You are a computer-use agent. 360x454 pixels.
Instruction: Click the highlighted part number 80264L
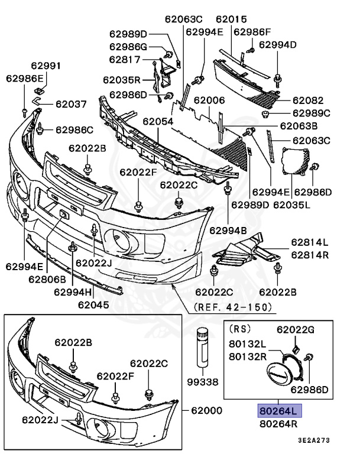[279, 411]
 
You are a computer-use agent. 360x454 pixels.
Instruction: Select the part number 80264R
[279, 423]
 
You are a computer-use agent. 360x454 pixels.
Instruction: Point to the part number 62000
[207, 411]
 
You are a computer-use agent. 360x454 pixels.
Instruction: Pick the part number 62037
[71, 104]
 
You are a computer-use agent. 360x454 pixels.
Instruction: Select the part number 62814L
[310, 242]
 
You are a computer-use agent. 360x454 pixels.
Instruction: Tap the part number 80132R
[248, 355]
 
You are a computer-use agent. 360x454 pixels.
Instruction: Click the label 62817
[125, 59]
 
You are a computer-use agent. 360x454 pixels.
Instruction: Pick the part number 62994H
[73, 291]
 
